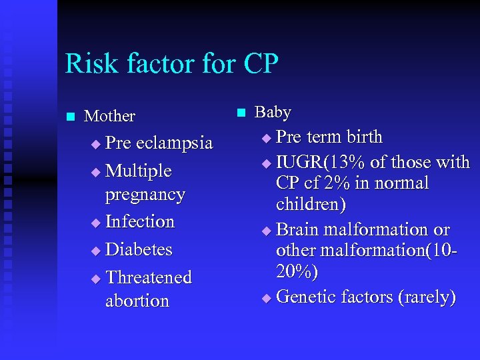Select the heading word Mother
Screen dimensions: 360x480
point(110,116)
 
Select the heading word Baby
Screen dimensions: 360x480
point(273,112)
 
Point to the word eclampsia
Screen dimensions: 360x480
point(175,143)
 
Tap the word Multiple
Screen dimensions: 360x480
point(139,171)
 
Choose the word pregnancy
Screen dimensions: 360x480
point(145,194)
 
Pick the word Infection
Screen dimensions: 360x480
point(140,221)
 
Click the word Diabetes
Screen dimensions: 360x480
point(139,249)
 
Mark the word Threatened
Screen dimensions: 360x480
point(149,277)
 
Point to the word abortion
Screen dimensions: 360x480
point(137,301)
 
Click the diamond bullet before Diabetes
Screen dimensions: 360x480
point(95,251)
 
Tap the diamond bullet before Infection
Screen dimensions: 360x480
point(95,223)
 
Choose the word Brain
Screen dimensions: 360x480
point(298,229)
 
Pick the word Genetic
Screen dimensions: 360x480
point(306,296)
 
